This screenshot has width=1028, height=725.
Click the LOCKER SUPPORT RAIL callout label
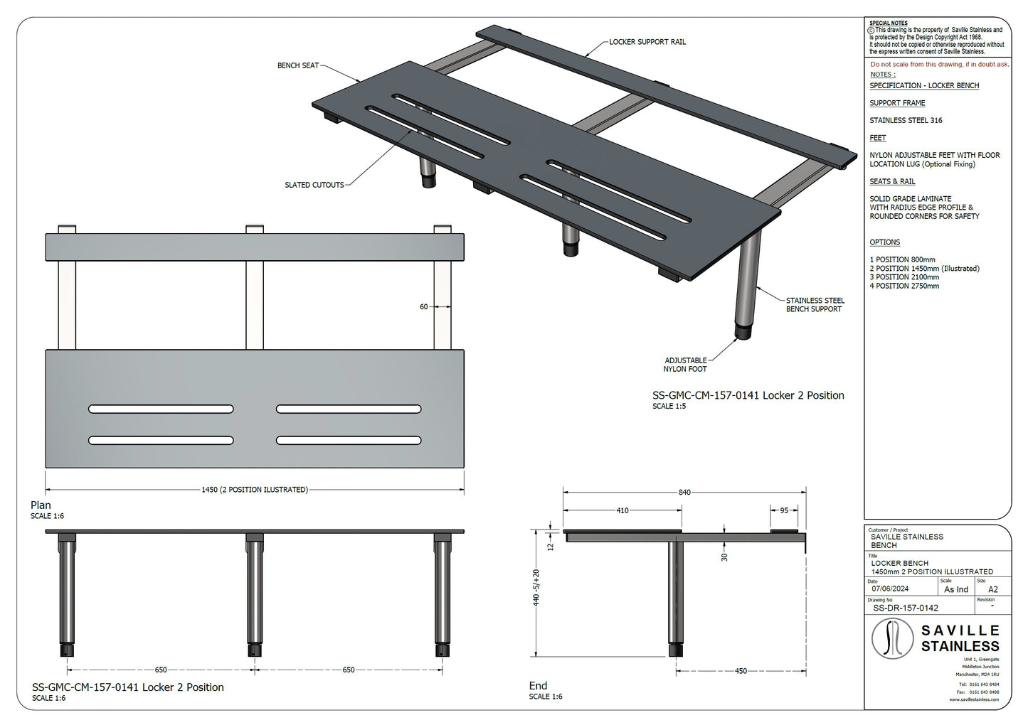click(x=647, y=42)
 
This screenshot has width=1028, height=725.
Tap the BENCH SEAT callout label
click(x=298, y=65)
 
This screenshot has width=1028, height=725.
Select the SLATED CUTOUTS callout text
click(x=314, y=185)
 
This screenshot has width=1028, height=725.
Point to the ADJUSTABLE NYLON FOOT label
click(x=686, y=365)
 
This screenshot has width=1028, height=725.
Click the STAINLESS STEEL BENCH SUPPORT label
click(x=815, y=305)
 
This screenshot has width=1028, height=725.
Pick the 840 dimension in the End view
click(x=684, y=493)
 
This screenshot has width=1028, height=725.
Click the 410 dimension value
click(x=622, y=510)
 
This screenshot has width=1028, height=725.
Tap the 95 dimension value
click(x=784, y=510)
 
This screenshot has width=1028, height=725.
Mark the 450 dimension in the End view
click(x=741, y=671)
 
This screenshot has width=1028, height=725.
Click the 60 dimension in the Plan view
click(x=424, y=307)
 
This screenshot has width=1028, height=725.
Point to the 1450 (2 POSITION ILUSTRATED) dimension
click(x=255, y=490)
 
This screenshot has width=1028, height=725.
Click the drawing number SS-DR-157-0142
click(x=906, y=608)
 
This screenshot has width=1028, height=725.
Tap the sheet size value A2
click(x=993, y=589)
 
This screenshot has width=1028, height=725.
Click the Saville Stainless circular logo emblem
click(x=893, y=638)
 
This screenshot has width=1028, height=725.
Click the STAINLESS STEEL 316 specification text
click(x=906, y=120)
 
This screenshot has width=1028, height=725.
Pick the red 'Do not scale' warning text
click(x=939, y=64)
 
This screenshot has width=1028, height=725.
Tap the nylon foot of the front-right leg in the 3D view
click(x=743, y=333)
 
